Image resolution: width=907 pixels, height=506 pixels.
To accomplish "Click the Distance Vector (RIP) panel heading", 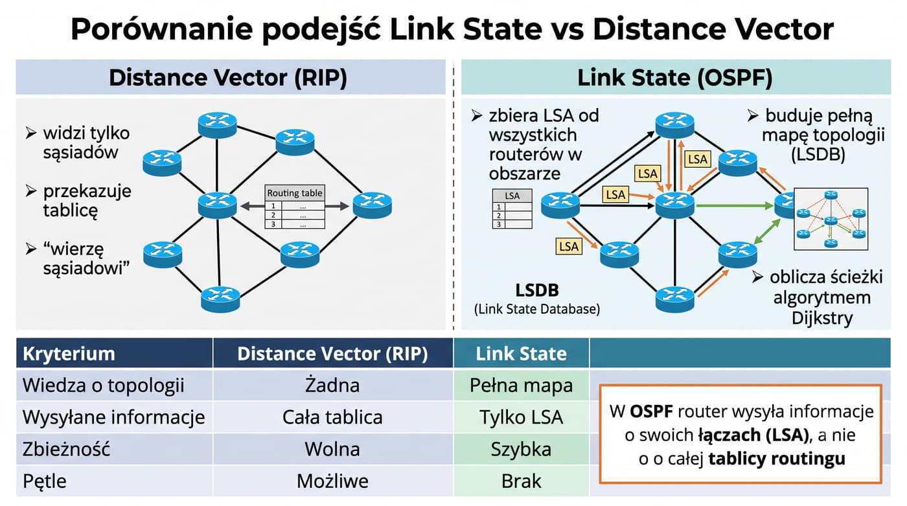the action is coord(228,77).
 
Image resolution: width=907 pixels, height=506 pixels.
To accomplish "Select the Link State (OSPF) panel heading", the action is coord(675,77).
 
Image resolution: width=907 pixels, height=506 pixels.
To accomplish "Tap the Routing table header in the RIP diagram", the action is coord(295,192).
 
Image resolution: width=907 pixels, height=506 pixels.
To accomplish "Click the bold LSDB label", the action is coord(537,290).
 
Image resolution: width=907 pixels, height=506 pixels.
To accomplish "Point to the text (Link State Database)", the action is coord(537,309).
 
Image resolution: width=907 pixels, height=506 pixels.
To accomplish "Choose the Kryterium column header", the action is coord(69,354).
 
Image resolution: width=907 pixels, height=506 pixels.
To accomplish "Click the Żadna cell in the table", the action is coord(332,385).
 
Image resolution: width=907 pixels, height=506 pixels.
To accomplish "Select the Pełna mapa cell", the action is coord(521,385).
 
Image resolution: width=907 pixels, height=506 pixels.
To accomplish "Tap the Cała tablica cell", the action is coord(332,417).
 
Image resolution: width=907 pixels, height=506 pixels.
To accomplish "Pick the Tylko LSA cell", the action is coord(521,417).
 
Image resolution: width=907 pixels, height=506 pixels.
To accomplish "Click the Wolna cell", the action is coord(332,450).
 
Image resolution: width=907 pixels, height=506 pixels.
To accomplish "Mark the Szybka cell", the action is coord(521,450).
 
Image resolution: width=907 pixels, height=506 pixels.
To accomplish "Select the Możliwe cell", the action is coord(332,481).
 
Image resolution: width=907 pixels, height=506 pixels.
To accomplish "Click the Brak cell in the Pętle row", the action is coord(521,481).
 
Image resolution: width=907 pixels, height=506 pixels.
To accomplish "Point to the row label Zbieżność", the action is coord(66,449).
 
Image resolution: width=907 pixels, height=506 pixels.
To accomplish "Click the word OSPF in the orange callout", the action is coord(652,411).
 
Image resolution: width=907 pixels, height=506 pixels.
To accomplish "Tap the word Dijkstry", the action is coord(822,319).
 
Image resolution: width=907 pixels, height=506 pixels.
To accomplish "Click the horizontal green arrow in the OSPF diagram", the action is coord(735,206).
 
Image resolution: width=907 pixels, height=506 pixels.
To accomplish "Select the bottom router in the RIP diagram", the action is coord(220,299).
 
